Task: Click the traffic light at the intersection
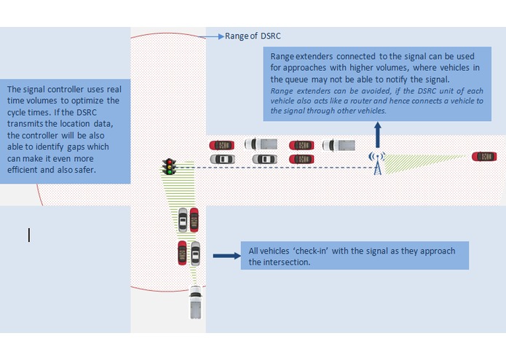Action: tap(170, 166)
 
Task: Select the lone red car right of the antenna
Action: tap(484, 156)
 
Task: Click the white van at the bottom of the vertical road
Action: tap(196, 302)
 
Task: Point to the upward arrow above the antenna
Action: tap(377, 134)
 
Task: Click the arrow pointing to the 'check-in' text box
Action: tap(226, 256)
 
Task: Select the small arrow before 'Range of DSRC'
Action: tap(214, 34)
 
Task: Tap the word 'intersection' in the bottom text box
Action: tap(285, 262)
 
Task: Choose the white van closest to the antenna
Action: tap(339, 144)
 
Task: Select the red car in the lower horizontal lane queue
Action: tap(301, 158)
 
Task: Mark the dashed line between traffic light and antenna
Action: tap(277, 169)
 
